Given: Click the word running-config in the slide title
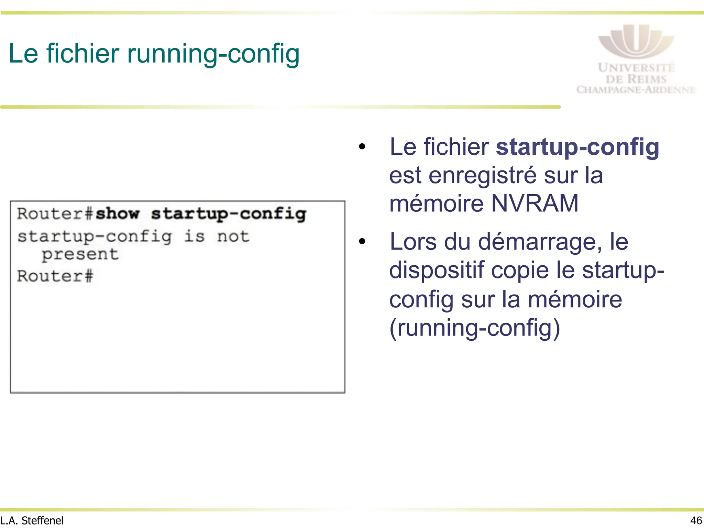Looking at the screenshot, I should click(213, 54).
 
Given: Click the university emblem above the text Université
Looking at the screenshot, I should click(636, 41).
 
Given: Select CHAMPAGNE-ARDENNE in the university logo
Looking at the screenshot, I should click(636, 90).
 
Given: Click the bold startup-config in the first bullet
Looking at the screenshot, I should click(577, 147).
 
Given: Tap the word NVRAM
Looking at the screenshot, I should click(535, 203).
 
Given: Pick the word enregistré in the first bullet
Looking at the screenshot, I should click(483, 175).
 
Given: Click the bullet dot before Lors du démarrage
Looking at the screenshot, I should click(362, 241).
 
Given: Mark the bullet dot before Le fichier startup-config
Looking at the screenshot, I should click(362, 147).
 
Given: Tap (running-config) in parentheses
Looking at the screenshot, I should click(475, 328).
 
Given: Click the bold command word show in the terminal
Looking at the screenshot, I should click(118, 213).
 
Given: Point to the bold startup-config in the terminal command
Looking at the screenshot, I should click(229, 214).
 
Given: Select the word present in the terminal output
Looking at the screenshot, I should click(80, 255).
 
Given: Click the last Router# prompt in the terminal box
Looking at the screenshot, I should click(55, 276).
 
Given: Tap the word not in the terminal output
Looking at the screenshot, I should click(233, 236).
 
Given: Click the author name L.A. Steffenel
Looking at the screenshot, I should click(32, 520).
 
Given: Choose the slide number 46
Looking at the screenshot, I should click(696, 520).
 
